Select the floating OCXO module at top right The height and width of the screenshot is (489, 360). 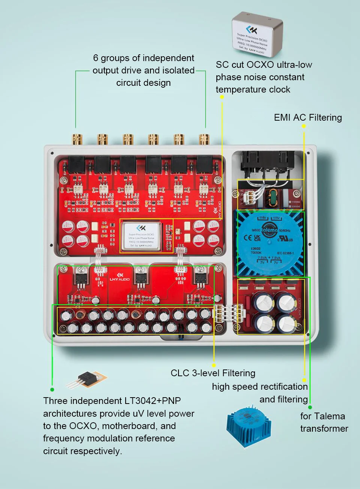point(257,35)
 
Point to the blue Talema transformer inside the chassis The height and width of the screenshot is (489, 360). point(269,244)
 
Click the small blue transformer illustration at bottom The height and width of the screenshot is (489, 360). point(249,426)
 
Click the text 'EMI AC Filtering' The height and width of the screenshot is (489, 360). point(308,118)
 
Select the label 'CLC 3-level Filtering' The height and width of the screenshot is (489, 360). point(213,373)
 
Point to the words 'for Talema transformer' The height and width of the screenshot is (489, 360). point(324,422)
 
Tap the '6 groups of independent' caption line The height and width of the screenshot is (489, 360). point(144,58)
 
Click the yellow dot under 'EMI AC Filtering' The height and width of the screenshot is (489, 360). point(304,126)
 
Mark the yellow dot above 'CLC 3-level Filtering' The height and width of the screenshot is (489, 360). point(214,365)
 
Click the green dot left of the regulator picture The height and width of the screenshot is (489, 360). point(52,390)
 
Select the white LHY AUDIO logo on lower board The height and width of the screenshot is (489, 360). point(120,277)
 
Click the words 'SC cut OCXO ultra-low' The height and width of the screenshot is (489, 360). point(264,65)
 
